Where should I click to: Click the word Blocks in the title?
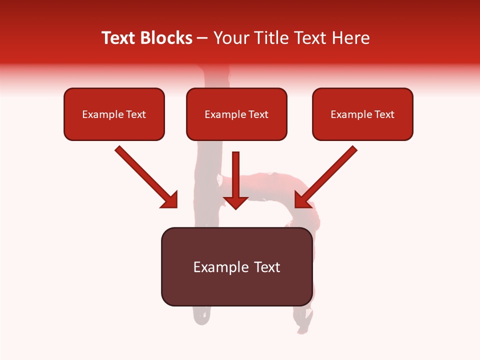coord(165,38)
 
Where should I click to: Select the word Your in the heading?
coord(230,38)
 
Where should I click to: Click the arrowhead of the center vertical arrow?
coord(235,202)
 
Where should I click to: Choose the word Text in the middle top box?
coord(258,114)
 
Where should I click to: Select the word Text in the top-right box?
coord(384,114)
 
